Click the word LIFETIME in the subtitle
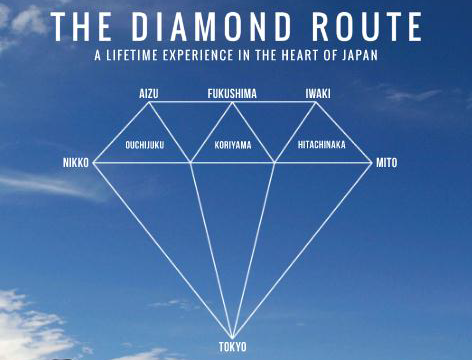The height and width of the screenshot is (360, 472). tap(139, 57)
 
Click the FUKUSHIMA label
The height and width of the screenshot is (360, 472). tap(232, 93)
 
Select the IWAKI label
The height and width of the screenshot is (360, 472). tap(318, 93)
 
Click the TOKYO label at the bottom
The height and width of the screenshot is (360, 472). tap(232, 347)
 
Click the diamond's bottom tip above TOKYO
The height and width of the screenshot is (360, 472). tap(233, 337)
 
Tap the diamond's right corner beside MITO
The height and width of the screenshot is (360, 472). tap(373, 162)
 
